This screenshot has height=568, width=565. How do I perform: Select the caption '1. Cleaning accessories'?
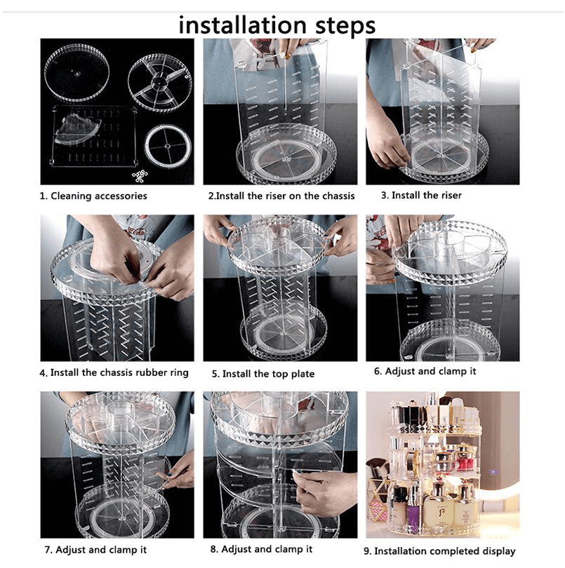tap(93, 196)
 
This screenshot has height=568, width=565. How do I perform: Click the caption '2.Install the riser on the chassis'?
tap(281, 196)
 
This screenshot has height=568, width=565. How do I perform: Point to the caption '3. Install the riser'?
tap(421, 195)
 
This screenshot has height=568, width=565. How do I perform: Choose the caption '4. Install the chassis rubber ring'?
tap(114, 373)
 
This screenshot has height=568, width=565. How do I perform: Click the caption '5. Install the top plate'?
tap(263, 374)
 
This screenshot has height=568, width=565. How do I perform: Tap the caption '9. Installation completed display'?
tap(439, 551)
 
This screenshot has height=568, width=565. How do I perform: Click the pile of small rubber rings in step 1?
tap(140, 176)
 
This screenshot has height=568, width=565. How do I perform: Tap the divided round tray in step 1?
tap(160, 82)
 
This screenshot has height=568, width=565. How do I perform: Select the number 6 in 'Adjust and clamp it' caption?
tap(377, 371)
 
